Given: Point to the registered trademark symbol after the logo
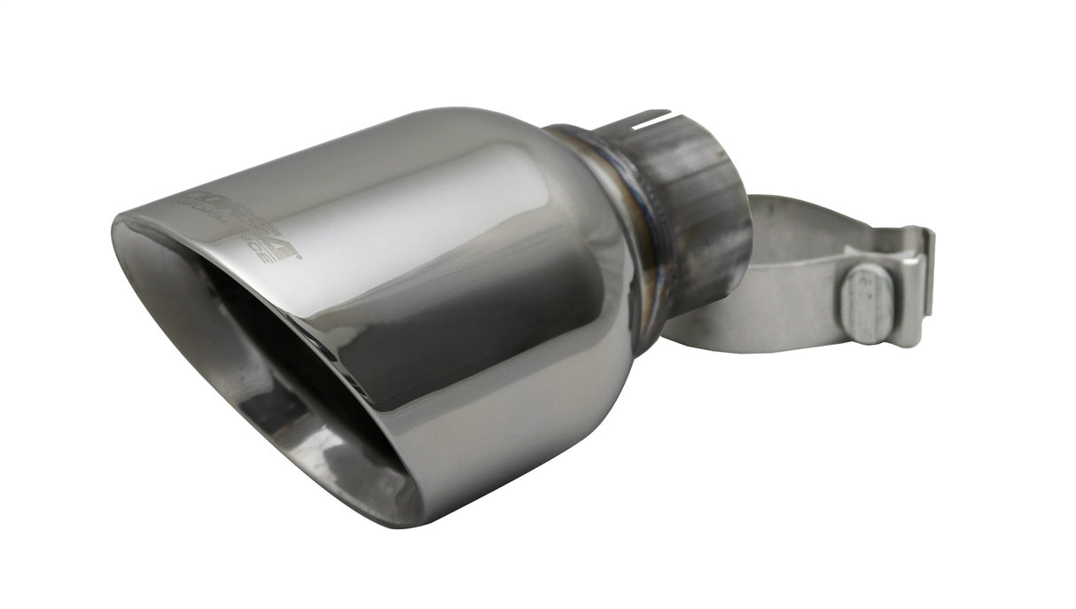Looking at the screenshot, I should point(298,257).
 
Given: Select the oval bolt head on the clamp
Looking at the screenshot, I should point(865,304).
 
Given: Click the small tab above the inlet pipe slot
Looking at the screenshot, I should point(652,113).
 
